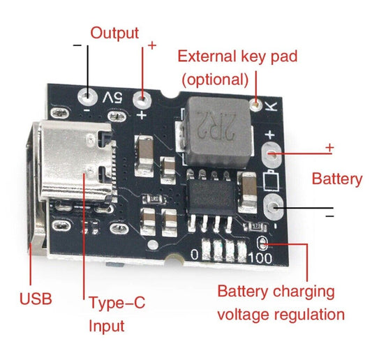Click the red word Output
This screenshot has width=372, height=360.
(x=115, y=33)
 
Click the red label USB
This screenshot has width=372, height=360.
(x=35, y=300)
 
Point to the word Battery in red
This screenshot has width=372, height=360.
(x=336, y=179)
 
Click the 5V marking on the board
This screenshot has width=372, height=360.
(x=113, y=97)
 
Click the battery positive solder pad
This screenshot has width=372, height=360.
(x=273, y=153)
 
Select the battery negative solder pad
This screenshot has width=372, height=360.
(x=273, y=204)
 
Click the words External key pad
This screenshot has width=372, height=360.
(x=248, y=57)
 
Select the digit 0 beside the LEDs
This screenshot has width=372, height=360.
(x=195, y=256)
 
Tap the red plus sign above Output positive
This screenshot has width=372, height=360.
(x=151, y=45)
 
